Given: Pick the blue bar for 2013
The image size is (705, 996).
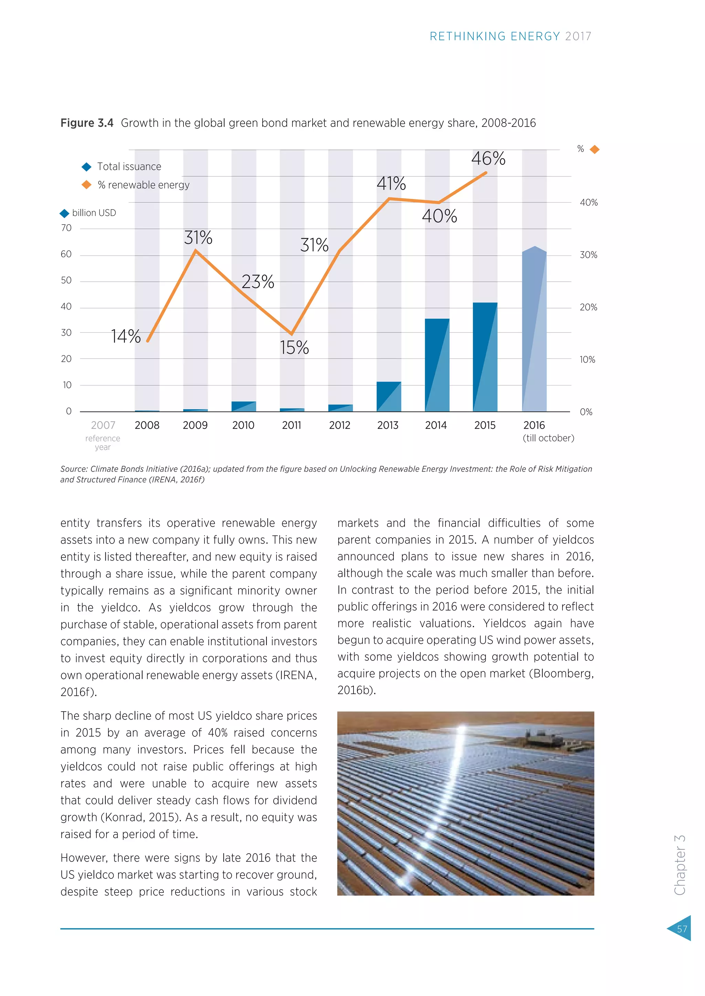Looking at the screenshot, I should (389, 397).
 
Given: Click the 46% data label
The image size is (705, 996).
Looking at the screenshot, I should (488, 158).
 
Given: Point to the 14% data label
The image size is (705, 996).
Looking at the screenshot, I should (125, 336).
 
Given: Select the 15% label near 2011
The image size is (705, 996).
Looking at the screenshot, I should (294, 347).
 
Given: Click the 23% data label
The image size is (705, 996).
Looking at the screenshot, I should (258, 282).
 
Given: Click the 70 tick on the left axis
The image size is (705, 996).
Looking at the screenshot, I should (66, 228).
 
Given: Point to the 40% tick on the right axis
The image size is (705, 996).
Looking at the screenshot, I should (589, 203).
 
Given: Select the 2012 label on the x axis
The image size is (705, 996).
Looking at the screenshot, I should (339, 425).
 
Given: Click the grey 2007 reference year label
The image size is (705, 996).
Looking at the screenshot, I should (103, 425).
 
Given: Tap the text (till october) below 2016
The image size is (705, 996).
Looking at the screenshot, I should (548, 438).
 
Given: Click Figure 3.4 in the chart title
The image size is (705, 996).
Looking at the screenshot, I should (87, 123).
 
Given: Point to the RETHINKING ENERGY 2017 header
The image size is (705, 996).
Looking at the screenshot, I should (510, 36).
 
